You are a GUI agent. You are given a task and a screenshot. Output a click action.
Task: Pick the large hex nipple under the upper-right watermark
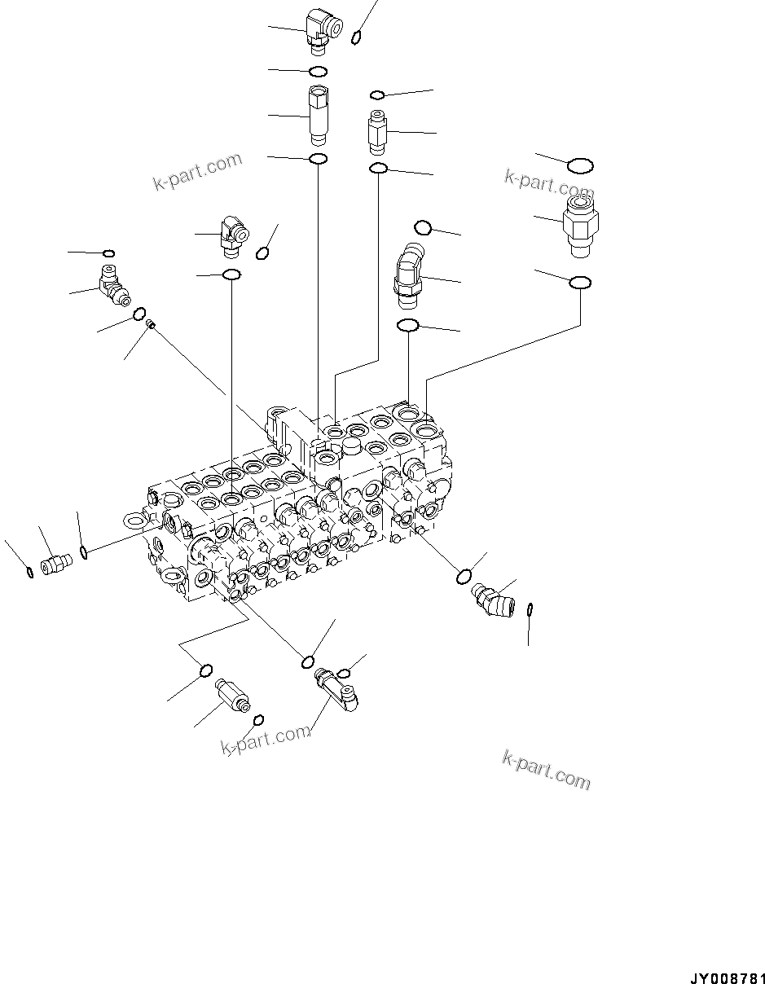pos(579,219)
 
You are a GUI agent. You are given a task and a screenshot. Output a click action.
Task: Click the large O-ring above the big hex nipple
pos(580,166)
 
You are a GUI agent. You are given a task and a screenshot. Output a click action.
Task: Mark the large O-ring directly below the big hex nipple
pos(579,282)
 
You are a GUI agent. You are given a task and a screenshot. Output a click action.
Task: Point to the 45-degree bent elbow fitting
pos(407,277)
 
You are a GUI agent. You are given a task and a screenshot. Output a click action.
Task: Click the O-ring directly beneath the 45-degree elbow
pos(407,326)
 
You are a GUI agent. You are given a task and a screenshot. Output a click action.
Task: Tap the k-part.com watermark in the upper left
pos(197,172)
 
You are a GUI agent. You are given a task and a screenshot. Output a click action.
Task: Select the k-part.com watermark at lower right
pos(546,770)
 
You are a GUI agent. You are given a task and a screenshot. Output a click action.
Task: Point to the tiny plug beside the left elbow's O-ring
pos(151,325)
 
